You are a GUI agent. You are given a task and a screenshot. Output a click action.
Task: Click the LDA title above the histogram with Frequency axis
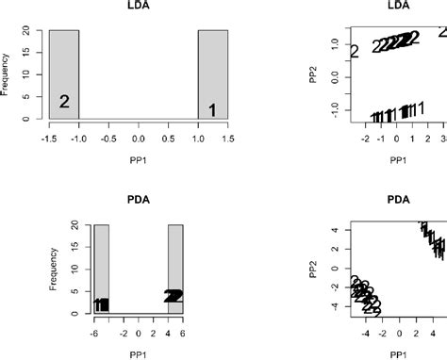(139, 7)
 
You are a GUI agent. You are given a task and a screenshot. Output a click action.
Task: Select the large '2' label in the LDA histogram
(65, 102)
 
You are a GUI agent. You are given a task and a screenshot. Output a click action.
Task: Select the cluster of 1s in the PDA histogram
(101, 304)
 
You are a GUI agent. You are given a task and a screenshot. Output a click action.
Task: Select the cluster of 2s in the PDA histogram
(174, 296)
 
